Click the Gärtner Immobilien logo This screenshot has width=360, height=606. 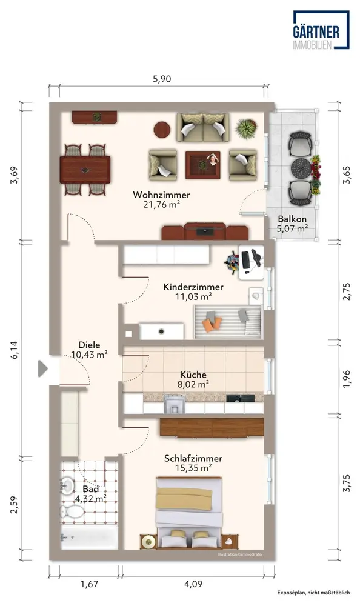point(321,30)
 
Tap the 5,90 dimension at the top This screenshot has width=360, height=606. point(162,79)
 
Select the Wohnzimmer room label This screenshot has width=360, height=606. point(162,195)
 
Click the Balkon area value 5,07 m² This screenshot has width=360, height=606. point(292,229)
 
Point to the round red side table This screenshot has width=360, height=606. point(162,130)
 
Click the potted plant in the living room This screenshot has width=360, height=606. point(246,128)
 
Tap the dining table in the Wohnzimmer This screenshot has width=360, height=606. point(85,170)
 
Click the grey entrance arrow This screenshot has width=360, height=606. point(42,368)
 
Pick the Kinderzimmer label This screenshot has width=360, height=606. point(193,287)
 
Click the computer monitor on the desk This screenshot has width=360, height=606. point(245,259)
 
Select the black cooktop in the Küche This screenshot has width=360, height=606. point(241,398)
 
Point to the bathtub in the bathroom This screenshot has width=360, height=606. point(89,537)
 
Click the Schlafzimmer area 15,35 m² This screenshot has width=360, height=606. point(193,468)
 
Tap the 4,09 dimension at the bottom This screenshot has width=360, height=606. point(193,584)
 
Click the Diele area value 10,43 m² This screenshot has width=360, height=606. point(89,355)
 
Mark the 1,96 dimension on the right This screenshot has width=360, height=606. point(347,379)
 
